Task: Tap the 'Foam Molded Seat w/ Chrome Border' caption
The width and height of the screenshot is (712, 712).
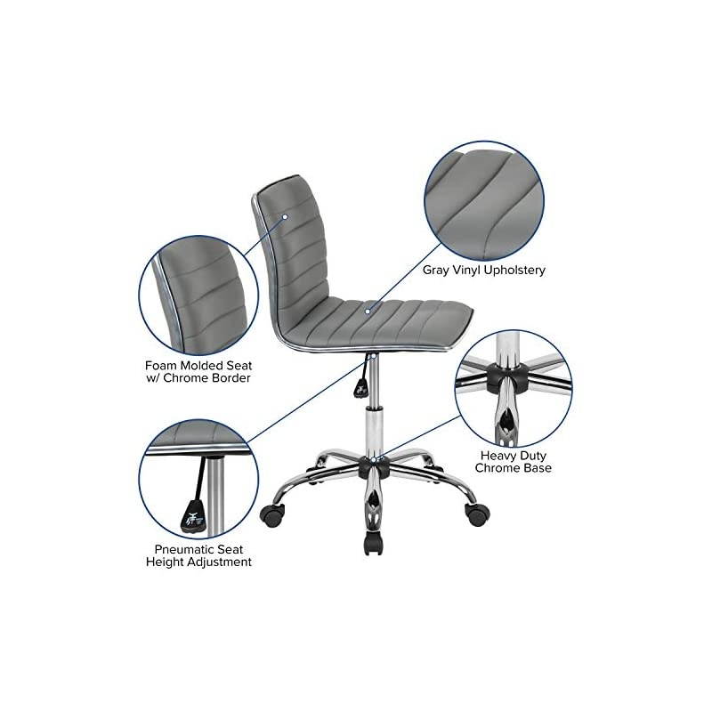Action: click(198, 371)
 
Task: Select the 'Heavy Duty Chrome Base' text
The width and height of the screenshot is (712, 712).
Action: click(513, 461)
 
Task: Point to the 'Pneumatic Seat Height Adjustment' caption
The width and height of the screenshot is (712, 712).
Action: click(198, 555)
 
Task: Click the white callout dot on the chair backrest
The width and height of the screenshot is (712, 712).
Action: click(286, 215)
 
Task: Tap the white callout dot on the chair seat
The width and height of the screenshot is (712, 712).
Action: click(367, 311)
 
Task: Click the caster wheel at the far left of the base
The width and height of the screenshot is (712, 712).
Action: click(271, 514)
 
